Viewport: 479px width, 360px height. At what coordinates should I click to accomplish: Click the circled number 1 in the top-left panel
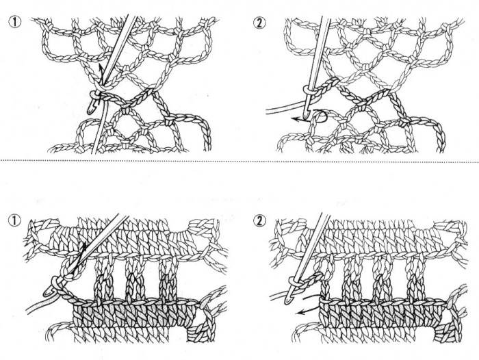(x=15, y=23)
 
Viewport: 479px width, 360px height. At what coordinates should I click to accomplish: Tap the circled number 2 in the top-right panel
(x=259, y=23)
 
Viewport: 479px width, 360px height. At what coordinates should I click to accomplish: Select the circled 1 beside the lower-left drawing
(x=15, y=220)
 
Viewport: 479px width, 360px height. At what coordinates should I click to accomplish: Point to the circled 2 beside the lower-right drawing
(x=259, y=220)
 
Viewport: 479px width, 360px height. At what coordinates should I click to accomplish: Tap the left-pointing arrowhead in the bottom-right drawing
(x=300, y=312)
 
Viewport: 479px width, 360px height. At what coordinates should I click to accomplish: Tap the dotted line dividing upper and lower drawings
(x=239, y=160)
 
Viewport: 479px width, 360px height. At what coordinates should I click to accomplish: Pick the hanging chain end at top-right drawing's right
(x=439, y=134)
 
